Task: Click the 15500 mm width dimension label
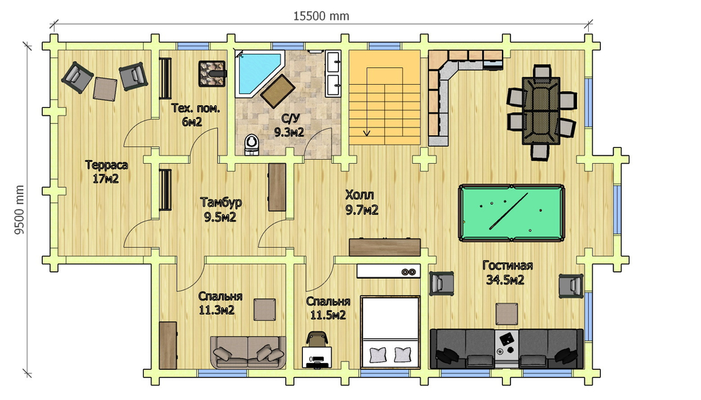click(321, 16)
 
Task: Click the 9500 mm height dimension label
click(19, 210)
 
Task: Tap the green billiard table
click(512, 213)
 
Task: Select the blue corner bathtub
click(259, 74)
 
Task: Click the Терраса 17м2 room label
click(107, 172)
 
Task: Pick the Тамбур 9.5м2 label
click(221, 209)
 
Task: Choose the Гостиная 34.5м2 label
click(508, 273)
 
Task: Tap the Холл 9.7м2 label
click(362, 202)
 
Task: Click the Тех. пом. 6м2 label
click(196, 114)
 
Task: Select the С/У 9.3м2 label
click(290, 125)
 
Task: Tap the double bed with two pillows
click(390, 332)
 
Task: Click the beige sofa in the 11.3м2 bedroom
click(248, 352)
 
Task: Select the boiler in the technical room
click(212, 74)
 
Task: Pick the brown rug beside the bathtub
click(277, 91)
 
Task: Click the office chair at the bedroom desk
click(317, 338)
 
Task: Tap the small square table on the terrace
click(105, 89)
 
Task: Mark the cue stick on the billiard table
click(508, 211)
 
